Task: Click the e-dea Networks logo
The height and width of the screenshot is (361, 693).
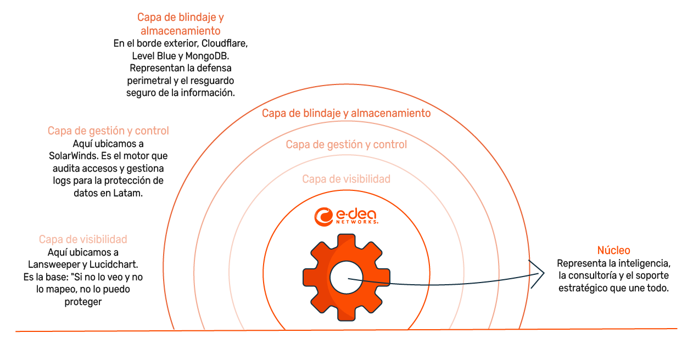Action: click(x=346, y=216)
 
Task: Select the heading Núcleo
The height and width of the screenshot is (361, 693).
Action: click(x=613, y=251)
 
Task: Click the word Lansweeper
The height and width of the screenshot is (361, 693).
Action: click(x=52, y=264)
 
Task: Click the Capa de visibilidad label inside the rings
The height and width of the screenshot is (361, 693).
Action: click(x=347, y=179)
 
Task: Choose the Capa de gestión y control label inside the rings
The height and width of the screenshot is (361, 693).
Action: click(x=347, y=145)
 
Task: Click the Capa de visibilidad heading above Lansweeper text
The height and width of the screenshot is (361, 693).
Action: click(x=83, y=239)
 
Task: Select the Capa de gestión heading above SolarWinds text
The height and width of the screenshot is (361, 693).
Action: click(x=108, y=131)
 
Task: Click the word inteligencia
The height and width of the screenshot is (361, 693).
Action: click(x=641, y=263)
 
